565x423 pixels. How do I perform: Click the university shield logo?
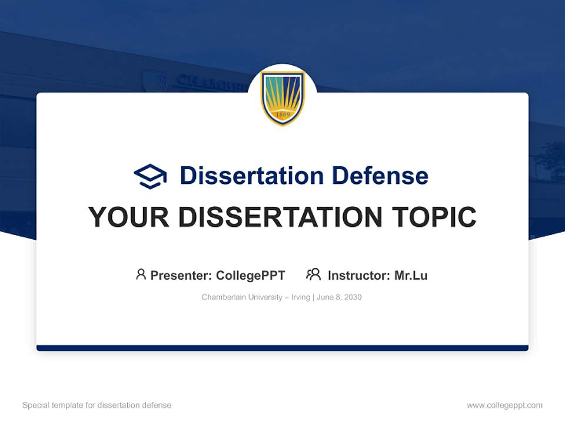point(282,98)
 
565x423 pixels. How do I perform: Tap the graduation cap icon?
point(150,176)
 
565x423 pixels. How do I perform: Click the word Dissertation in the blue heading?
point(251,176)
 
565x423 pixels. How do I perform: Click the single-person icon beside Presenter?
point(141,274)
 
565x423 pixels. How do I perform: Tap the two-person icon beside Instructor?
point(313,274)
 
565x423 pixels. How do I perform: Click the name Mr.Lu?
point(411,275)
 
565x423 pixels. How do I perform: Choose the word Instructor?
point(359,275)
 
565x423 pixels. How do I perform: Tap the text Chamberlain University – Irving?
point(255,297)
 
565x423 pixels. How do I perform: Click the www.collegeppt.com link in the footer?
point(504,405)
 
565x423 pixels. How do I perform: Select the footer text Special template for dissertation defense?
point(97,405)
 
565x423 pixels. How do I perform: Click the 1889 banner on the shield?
point(282,115)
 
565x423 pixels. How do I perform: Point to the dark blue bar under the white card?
point(282,348)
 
